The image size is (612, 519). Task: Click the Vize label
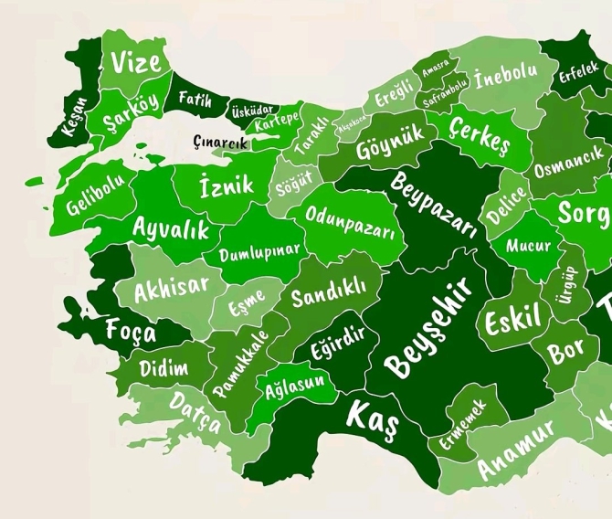(136, 62)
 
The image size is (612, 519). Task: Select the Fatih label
(195, 99)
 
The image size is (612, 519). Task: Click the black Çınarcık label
(221, 141)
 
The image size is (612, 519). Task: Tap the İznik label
(227, 186)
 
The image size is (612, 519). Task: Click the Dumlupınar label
(259, 249)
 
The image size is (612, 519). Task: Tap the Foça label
(131, 331)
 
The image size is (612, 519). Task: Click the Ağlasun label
(294, 387)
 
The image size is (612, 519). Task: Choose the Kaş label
(373, 416)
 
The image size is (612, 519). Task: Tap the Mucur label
(529, 245)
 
